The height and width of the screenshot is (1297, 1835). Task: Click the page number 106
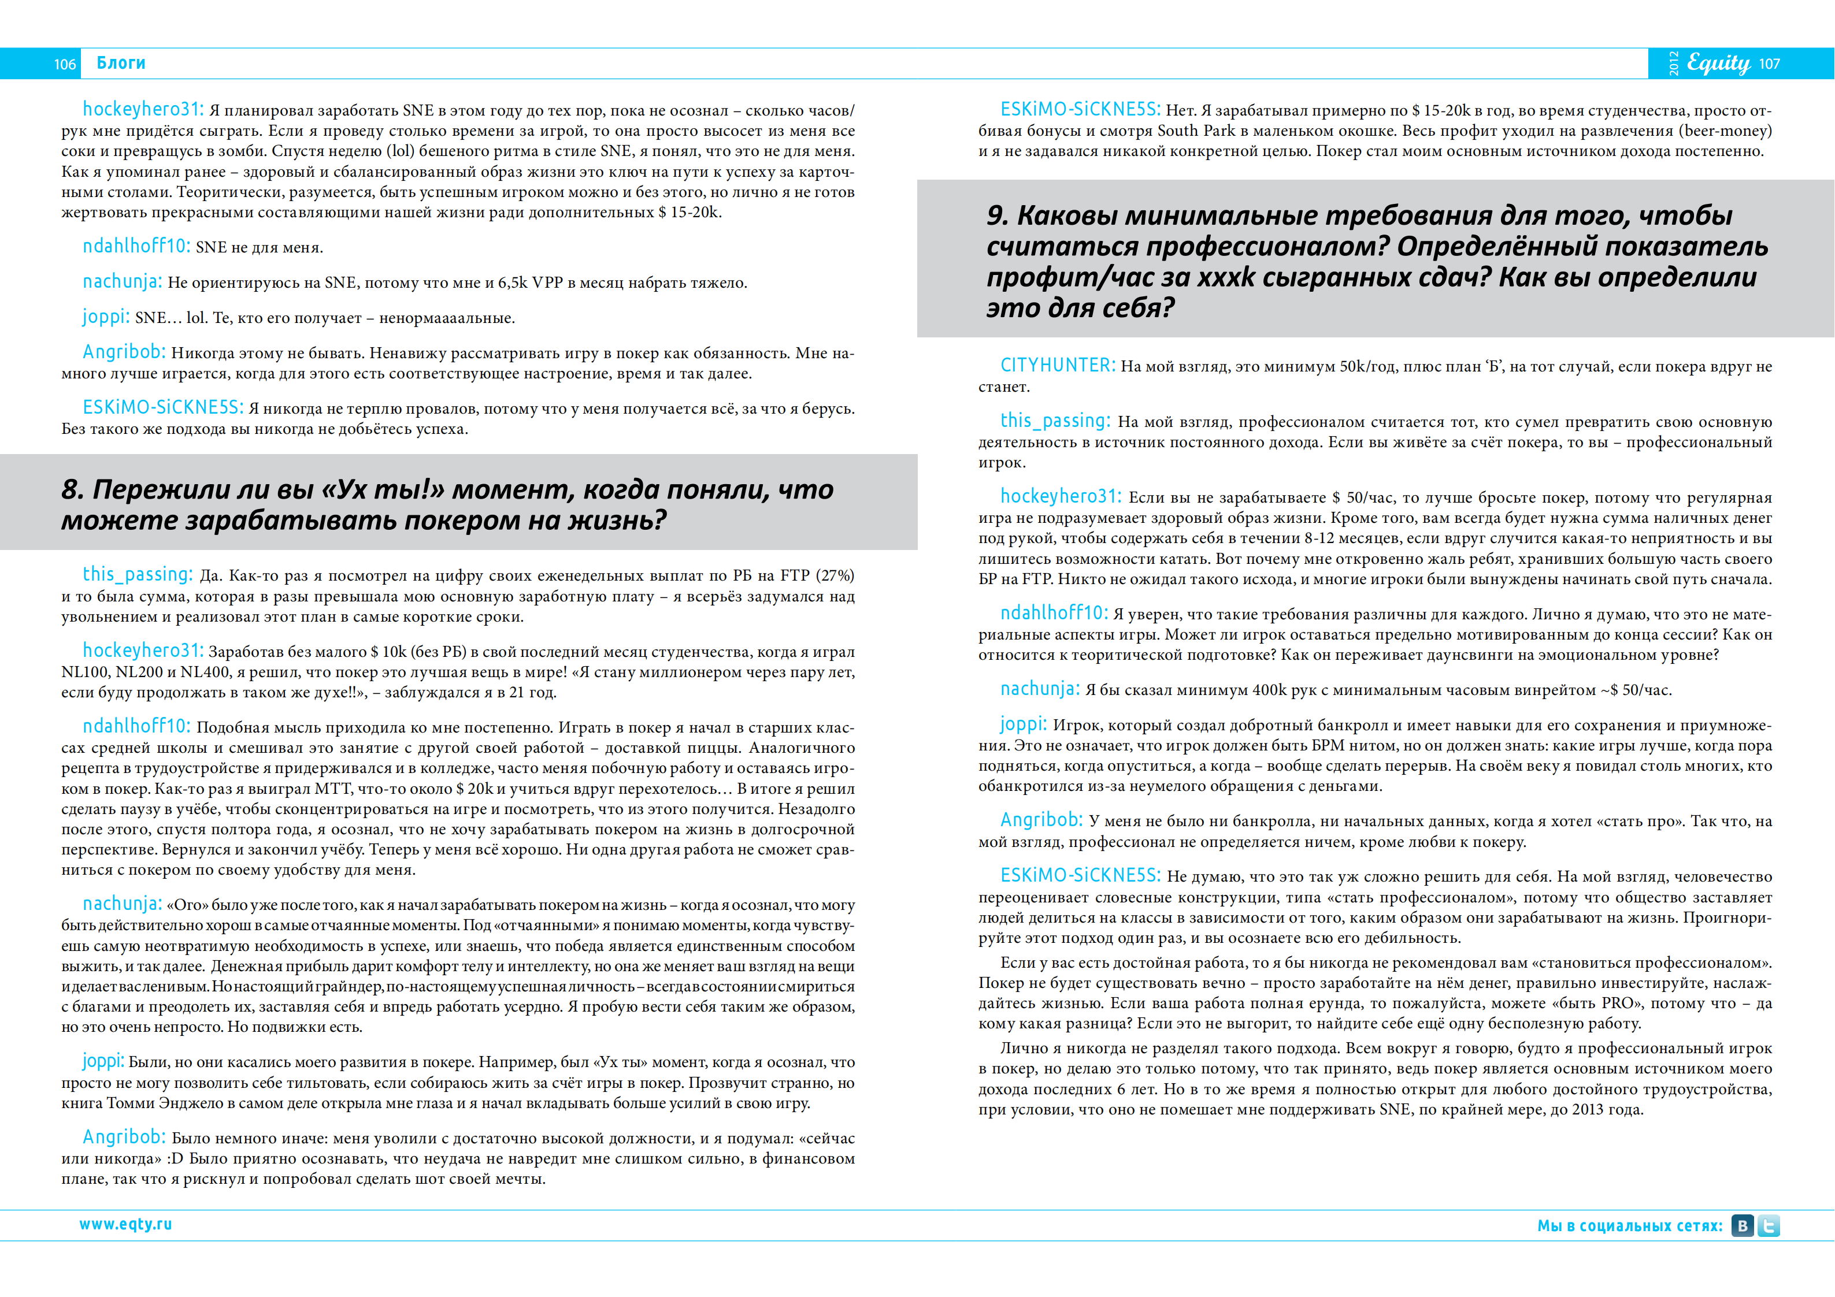pyautogui.click(x=65, y=64)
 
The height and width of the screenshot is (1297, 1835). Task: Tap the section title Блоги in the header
pyautogui.click(x=121, y=63)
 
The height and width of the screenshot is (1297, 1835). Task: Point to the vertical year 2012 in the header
pyautogui.click(x=1674, y=64)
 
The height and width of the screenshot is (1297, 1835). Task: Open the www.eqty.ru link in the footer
pyautogui.click(x=125, y=1224)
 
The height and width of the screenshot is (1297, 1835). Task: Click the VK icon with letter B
pyautogui.click(x=1743, y=1225)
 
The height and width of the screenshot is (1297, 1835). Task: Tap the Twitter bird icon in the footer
pyautogui.click(x=1769, y=1225)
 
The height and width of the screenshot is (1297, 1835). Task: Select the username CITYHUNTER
pyautogui.click(x=1057, y=365)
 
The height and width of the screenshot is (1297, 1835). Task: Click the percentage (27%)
pyautogui.click(x=835, y=575)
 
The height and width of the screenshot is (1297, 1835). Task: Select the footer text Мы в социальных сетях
pyautogui.click(x=1630, y=1226)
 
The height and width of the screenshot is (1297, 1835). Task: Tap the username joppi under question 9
pyautogui.click(x=1023, y=724)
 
